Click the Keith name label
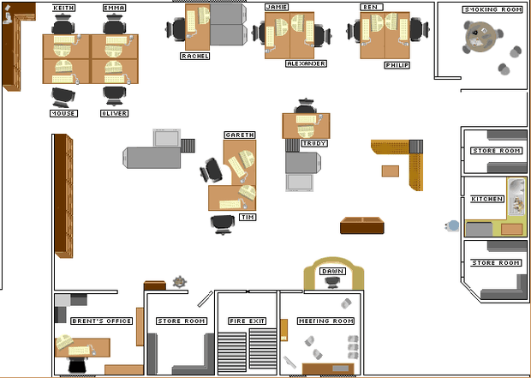(63, 8)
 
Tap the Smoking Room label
(492, 9)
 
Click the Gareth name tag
(240, 135)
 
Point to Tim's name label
(248, 217)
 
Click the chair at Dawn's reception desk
(332, 282)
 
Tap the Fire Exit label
(248, 321)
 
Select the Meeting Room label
(325, 321)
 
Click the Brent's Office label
(102, 321)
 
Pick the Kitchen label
(487, 199)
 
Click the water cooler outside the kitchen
(452, 225)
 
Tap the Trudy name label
(314, 143)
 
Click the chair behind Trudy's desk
(306, 105)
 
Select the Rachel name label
(194, 56)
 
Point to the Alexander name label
(306, 63)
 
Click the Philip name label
(397, 65)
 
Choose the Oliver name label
(115, 113)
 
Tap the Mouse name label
(64, 113)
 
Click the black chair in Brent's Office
(78, 365)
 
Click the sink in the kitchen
(516, 196)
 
